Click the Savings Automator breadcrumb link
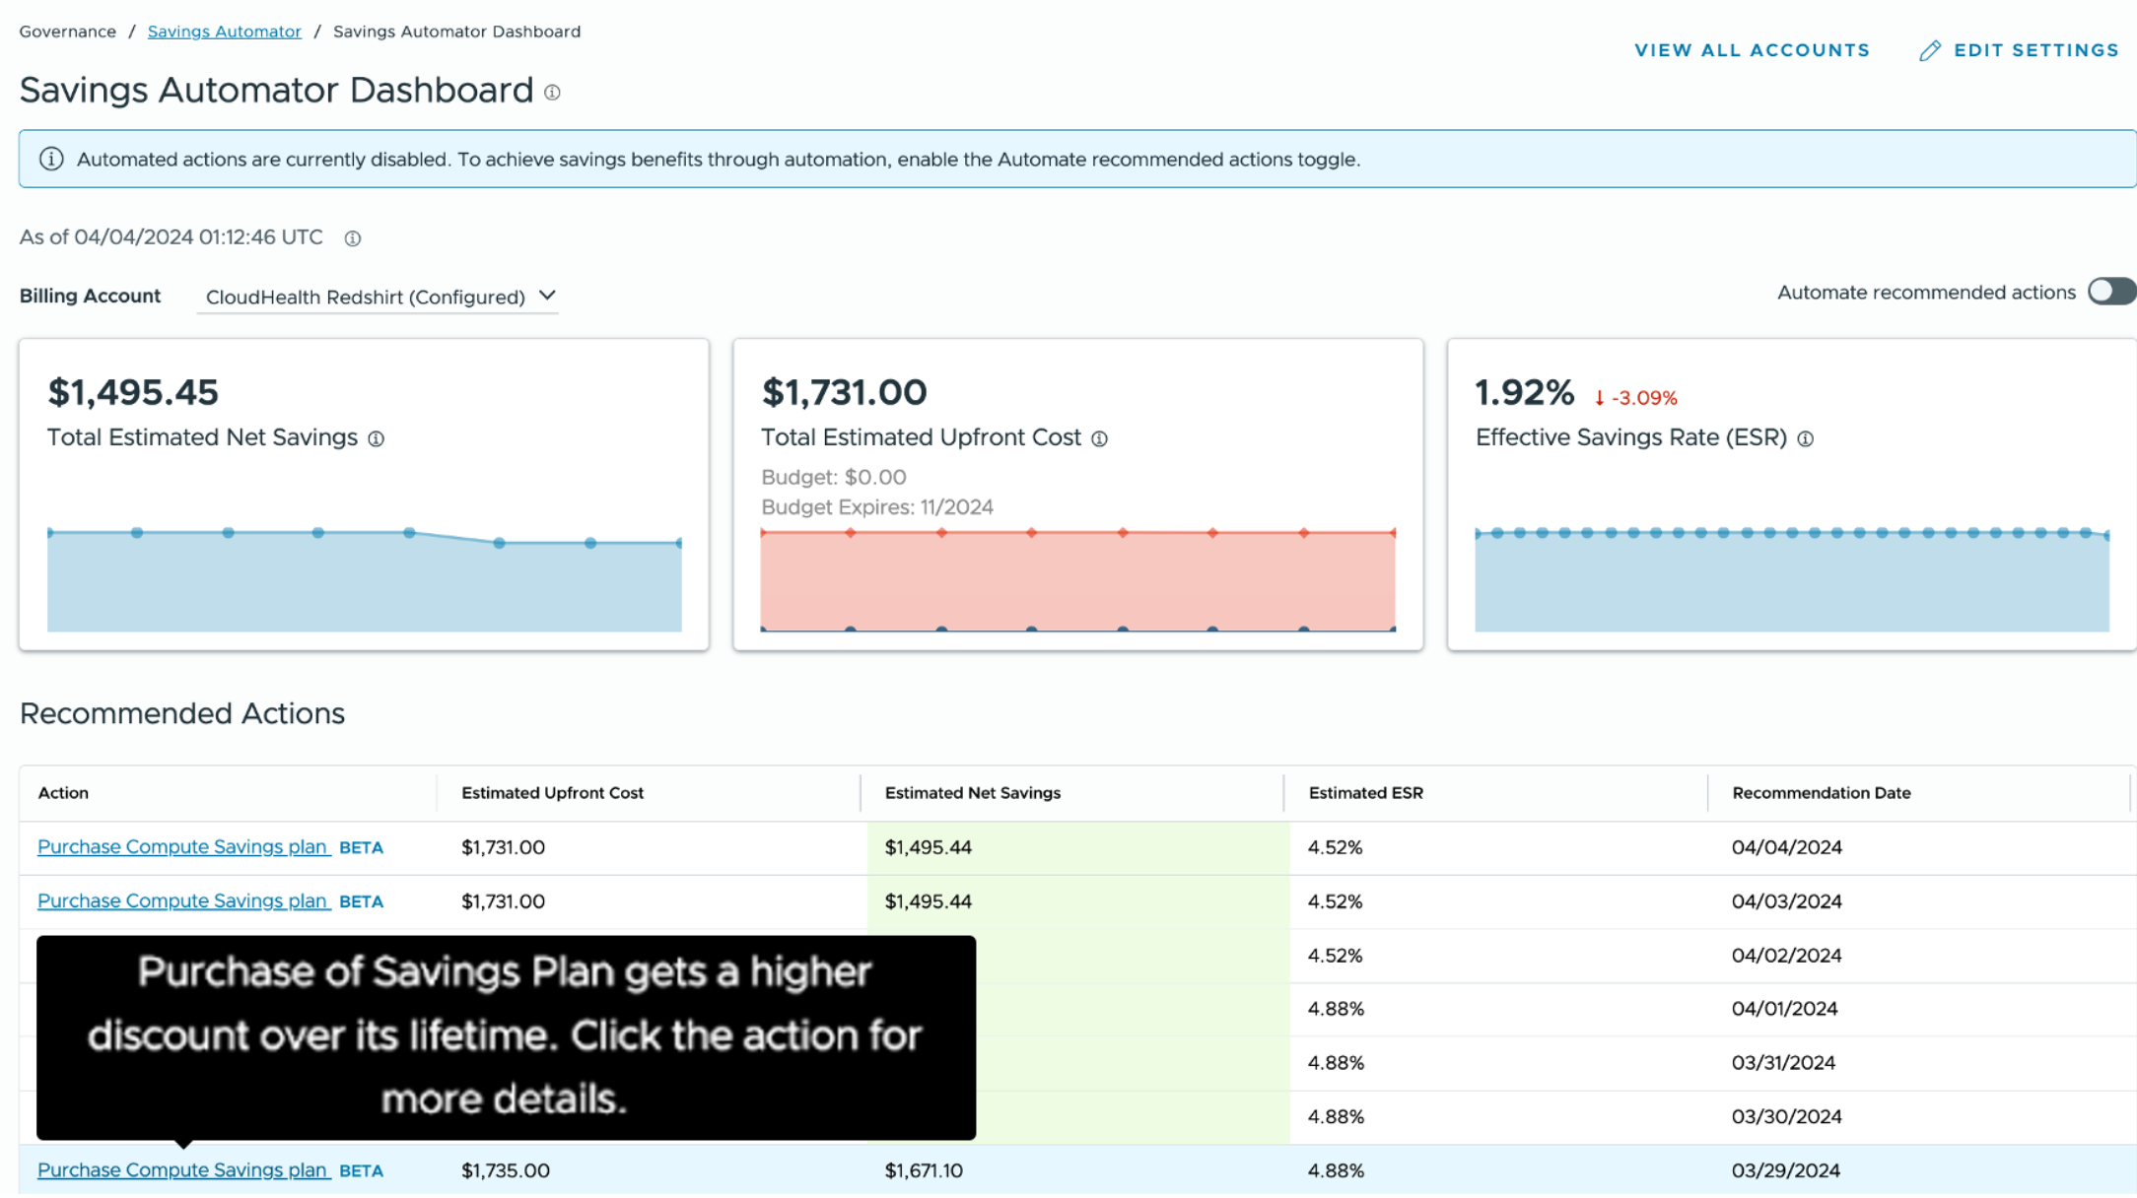(x=224, y=32)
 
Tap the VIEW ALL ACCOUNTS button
(x=1752, y=50)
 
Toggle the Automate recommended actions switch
(x=2110, y=292)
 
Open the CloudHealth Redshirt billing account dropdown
(x=379, y=297)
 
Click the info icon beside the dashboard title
(x=552, y=93)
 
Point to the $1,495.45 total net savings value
(x=133, y=392)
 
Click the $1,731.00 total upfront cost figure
(x=844, y=392)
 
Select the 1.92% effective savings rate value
(x=1524, y=392)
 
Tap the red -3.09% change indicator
(x=1636, y=398)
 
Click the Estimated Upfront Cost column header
(x=552, y=793)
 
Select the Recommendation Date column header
(x=1821, y=793)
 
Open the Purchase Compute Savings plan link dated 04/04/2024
(x=182, y=847)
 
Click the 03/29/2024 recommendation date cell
(x=1785, y=1170)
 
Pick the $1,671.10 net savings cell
(x=924, y=1170)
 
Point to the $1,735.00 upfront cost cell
(x=505, y=1170)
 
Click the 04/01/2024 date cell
(x=1784, y=1009)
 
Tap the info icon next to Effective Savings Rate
(x=1805, y=439)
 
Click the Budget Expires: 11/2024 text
(x=876, y=507)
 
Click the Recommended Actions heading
(x=182, y=713)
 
